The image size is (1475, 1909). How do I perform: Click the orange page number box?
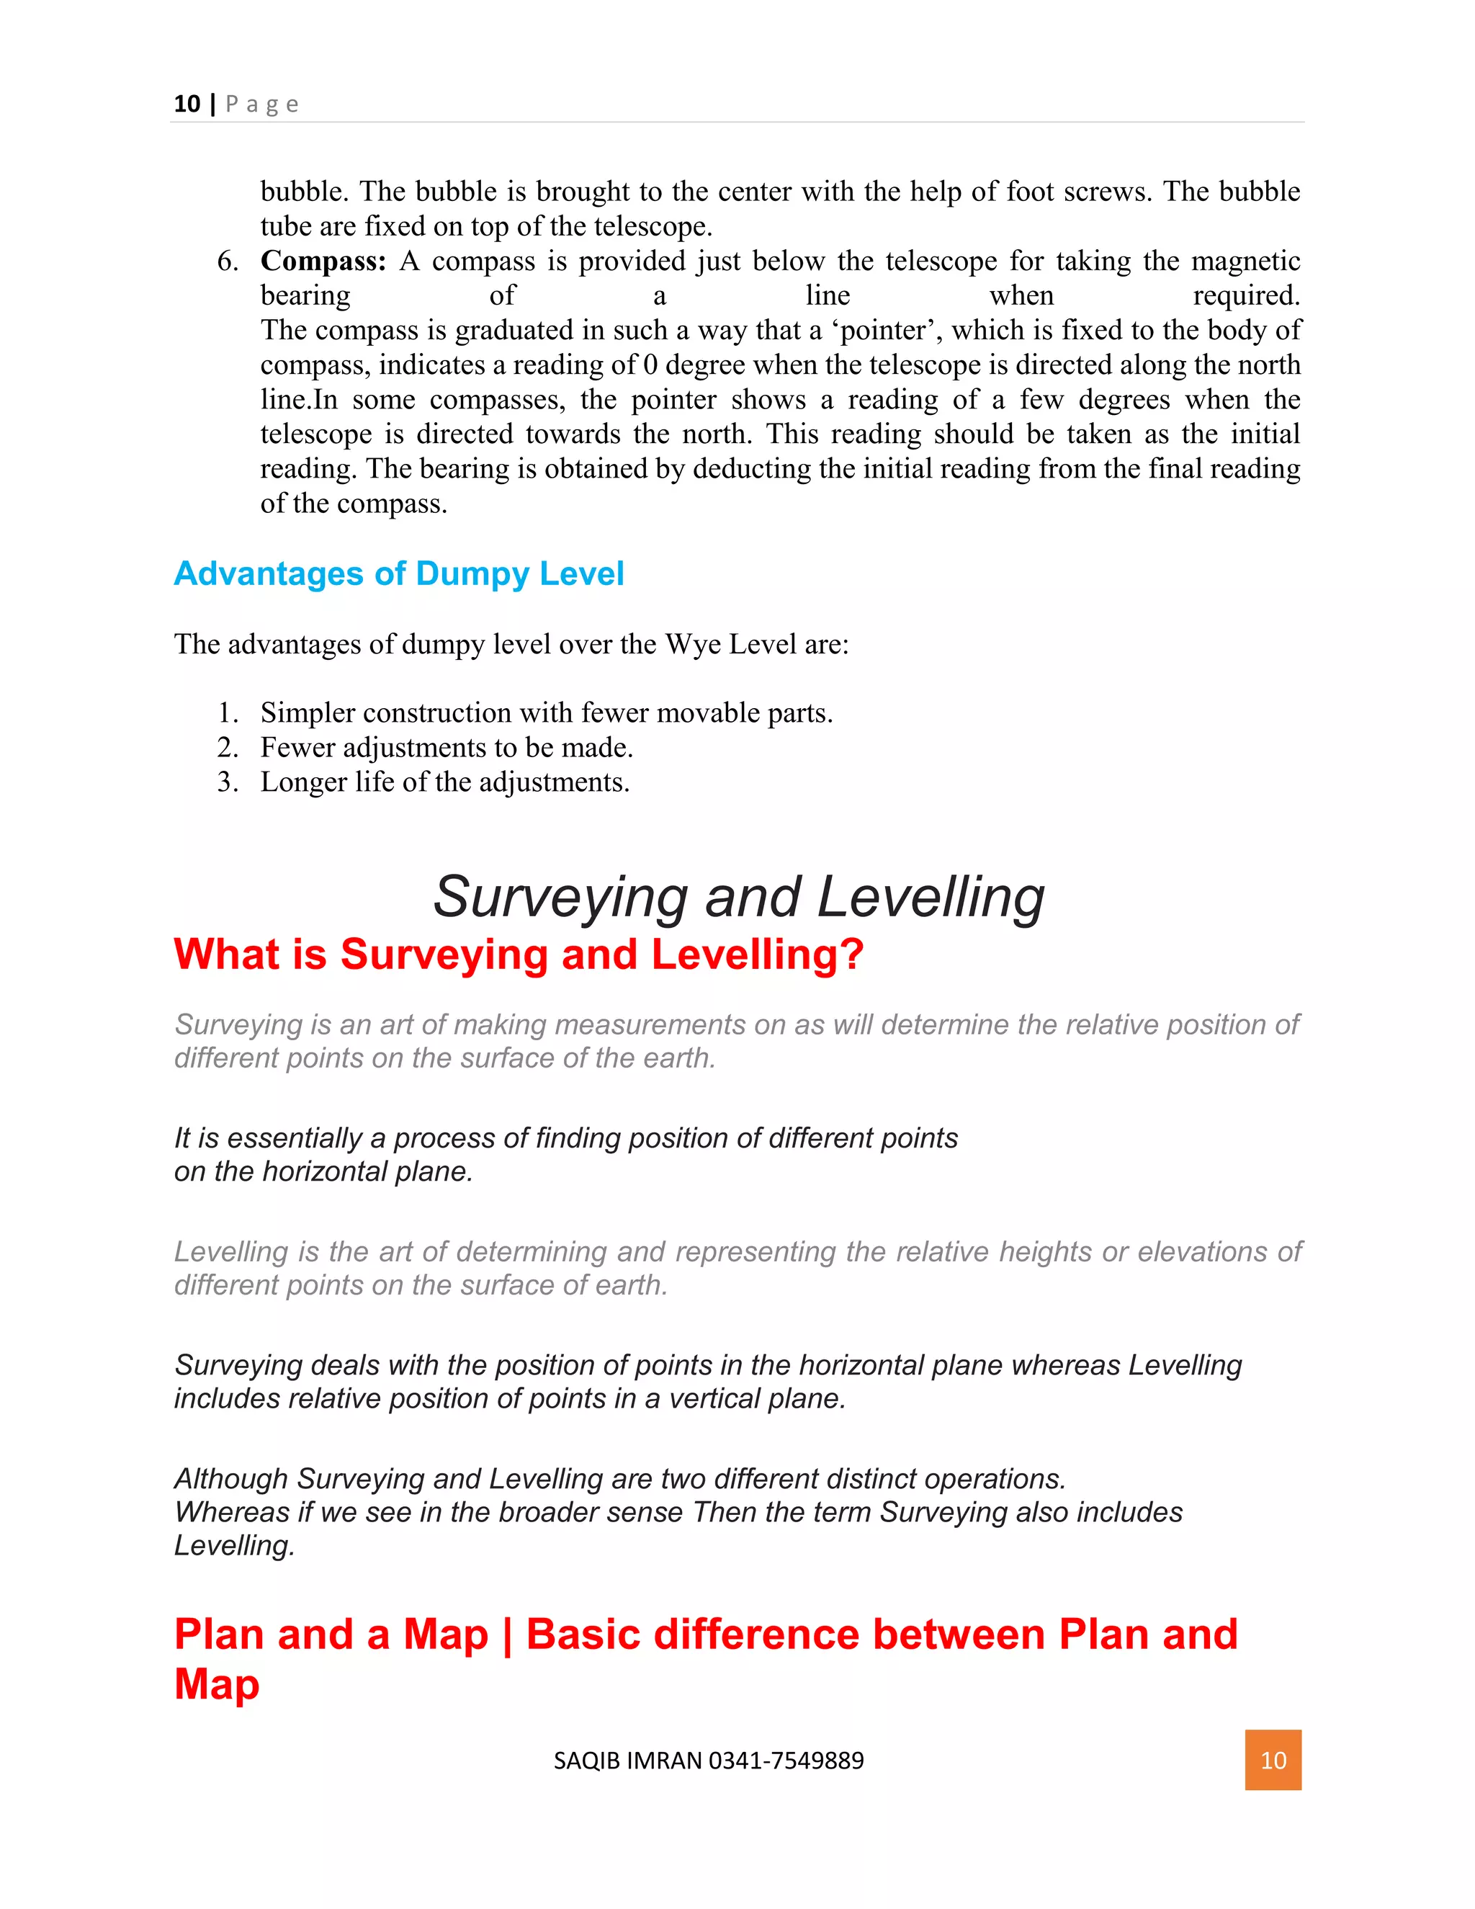[1273, 1760]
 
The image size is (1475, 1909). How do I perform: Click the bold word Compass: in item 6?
[323, 261]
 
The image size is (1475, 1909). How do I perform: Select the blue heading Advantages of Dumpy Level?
[398, 573]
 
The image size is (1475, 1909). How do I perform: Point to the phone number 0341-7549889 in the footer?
[786, 1761]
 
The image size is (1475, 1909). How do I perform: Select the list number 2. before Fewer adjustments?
[227, 747]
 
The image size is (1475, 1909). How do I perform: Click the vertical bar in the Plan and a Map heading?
[507, 1635]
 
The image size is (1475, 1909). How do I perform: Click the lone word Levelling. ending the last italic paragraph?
[234, 1545]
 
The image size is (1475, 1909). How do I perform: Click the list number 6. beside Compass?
[227, 261]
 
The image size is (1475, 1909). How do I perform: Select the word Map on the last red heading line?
[217, 1684]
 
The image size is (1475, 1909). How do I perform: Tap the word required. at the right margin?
[1246, 295]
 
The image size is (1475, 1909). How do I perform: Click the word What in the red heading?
[226, 954]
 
